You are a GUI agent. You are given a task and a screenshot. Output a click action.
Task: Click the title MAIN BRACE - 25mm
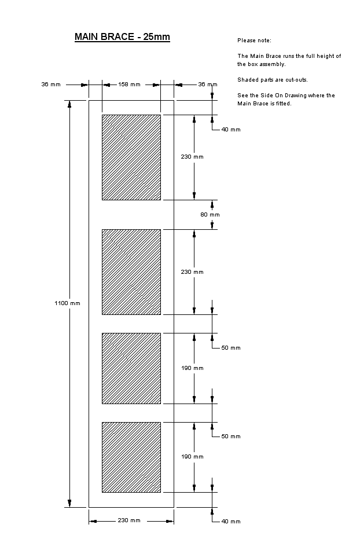(x=122, y=37)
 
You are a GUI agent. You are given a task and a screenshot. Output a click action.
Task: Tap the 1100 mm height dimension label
(x=67, y=303)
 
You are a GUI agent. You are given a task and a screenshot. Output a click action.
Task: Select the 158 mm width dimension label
(x=129, y=85)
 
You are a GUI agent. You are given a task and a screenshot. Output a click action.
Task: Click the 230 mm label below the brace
(x=129, y=520)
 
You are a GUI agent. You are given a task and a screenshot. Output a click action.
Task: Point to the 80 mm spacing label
(x=210, y=215)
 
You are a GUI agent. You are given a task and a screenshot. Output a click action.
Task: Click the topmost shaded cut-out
(x=131, y=157)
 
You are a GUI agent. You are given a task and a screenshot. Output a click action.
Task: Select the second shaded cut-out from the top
(x=131, y=272)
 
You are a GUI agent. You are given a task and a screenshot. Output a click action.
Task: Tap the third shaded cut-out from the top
(x=131, y=368)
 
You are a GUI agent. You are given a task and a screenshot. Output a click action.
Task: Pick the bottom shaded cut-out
(x=131, y=457)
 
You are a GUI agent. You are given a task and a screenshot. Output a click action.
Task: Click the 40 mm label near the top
(x=231, y=130)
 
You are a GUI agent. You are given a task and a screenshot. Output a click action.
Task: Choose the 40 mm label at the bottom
(x=231, y=522)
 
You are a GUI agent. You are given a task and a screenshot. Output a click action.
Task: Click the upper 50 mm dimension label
(x=231, y=348)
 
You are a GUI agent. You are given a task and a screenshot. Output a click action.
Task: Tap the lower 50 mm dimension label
(x=231, y=437)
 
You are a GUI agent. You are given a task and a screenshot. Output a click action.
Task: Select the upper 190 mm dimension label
(x=193, y=368)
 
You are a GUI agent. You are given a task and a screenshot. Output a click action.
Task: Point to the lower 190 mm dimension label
(x=193, y=457)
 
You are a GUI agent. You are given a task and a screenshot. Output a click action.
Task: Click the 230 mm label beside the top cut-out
(x=192, y=157)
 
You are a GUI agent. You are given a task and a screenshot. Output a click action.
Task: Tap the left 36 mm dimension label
(x=51, y=85)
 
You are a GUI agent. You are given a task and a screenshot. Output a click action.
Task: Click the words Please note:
(x=254, y=41)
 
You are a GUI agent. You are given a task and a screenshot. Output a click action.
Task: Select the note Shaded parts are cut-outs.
(x=273, y=80)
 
